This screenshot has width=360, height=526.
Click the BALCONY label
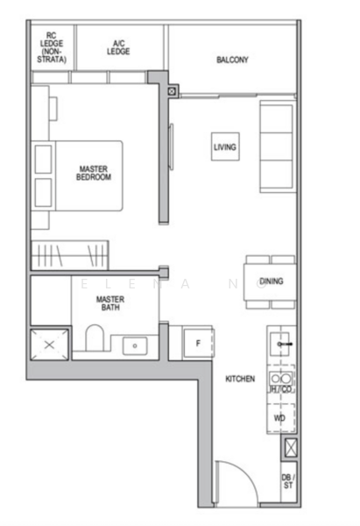[x=232, y=60]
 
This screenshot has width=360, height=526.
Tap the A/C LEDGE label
[x=118, y=47]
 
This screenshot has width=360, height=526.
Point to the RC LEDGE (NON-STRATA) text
[x=51, y=47]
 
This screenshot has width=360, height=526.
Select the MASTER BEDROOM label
[x=94, y=173]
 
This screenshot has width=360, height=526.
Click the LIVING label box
[x=225, y=147]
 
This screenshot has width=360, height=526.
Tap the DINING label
[x=270, y=281]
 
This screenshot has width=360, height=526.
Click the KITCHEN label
[x=240, y=379]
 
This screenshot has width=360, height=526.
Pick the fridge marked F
[x=198, y=343]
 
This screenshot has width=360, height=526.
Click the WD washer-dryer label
[x=279, y=418]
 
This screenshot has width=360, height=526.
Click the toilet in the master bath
[x=95, y=338]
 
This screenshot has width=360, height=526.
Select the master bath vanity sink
[x=134, y=345]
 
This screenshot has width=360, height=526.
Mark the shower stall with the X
[x=49, y=345]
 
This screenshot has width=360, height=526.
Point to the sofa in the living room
[x=276, y=146]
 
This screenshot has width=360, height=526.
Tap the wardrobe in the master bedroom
[x=69, y=255]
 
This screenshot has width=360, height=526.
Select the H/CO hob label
[x=280, y=387]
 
